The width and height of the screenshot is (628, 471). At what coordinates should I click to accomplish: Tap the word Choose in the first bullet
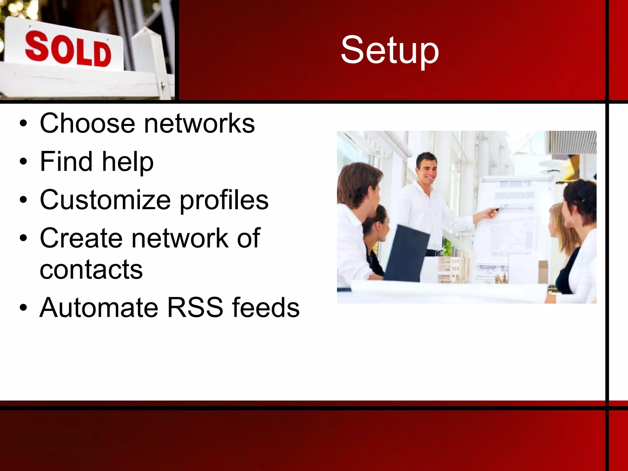[87, 123]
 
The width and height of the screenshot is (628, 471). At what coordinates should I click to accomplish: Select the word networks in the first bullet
[199, 123]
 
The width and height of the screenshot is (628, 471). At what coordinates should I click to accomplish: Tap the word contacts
[91, 270]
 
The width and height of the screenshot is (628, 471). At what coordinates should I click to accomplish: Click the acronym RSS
[195, 308]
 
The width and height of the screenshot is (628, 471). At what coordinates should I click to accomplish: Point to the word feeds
[266, 308]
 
